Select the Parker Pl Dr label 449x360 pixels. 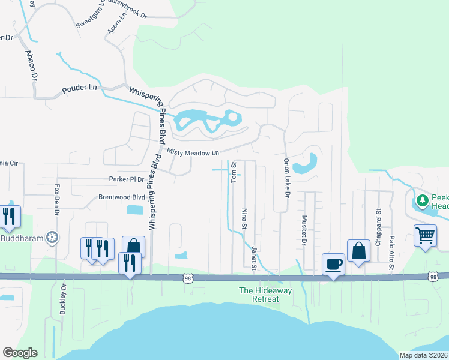point(127,179)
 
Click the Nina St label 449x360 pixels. point(244,219)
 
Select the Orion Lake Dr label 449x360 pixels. point(286,179)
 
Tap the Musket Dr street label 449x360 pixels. point(304,229)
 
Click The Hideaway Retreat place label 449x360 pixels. point(259,295)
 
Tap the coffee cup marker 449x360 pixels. point(333,263)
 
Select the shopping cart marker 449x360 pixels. point(425,235)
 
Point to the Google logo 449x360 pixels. point(20,353)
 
